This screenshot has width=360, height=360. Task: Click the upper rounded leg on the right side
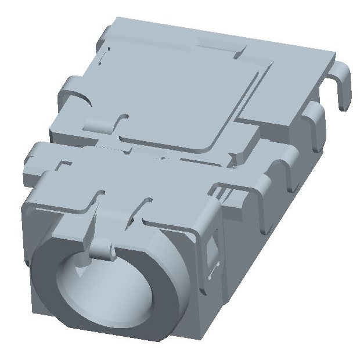(x=314, y=119)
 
